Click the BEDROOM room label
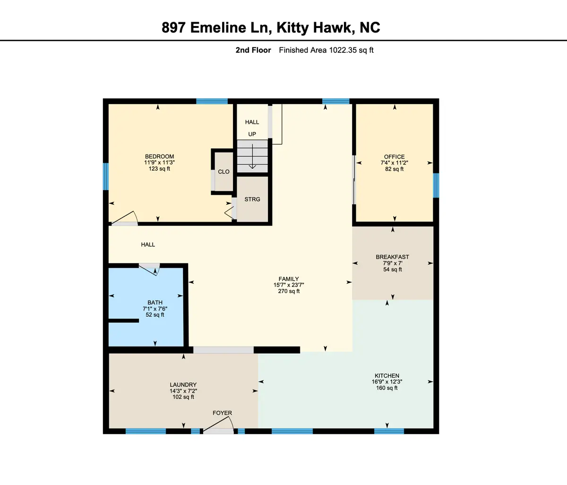pyautogui.click(x=159, y=156)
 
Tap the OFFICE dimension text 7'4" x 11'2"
pyautogui.click(x=394, y=163)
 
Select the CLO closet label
pyautogui.click(x=223, y=172)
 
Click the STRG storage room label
pyautogui.click(x=252, y=199)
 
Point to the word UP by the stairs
pyautogui.click(x=252, y=134)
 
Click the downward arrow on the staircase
pyautogui.click(x=252, y=156)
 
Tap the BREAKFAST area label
pyautogui.click(x=392, y=257)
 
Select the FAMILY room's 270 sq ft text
pyautogui.click(x=289, y=291)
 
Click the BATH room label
pyautogui.click(x=155, y=303)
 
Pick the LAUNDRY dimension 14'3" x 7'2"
pyautogui.click(x=183, y=391)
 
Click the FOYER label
pyautogui.click(x=222, y=413)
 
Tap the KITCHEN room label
pyautogui.click(x=387, y=375)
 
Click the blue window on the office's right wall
pyautogui.click(x=436, y=185)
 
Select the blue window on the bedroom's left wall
pyautogui.click(x=106, y=176)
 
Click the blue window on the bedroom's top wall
pyautogui.click(x=212, y=101)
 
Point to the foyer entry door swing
pyautogui.click(x=219, y=425)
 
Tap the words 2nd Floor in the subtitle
pyautogui.click(x=253, y=50)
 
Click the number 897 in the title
pyautogui.click(x=173, y=28)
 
